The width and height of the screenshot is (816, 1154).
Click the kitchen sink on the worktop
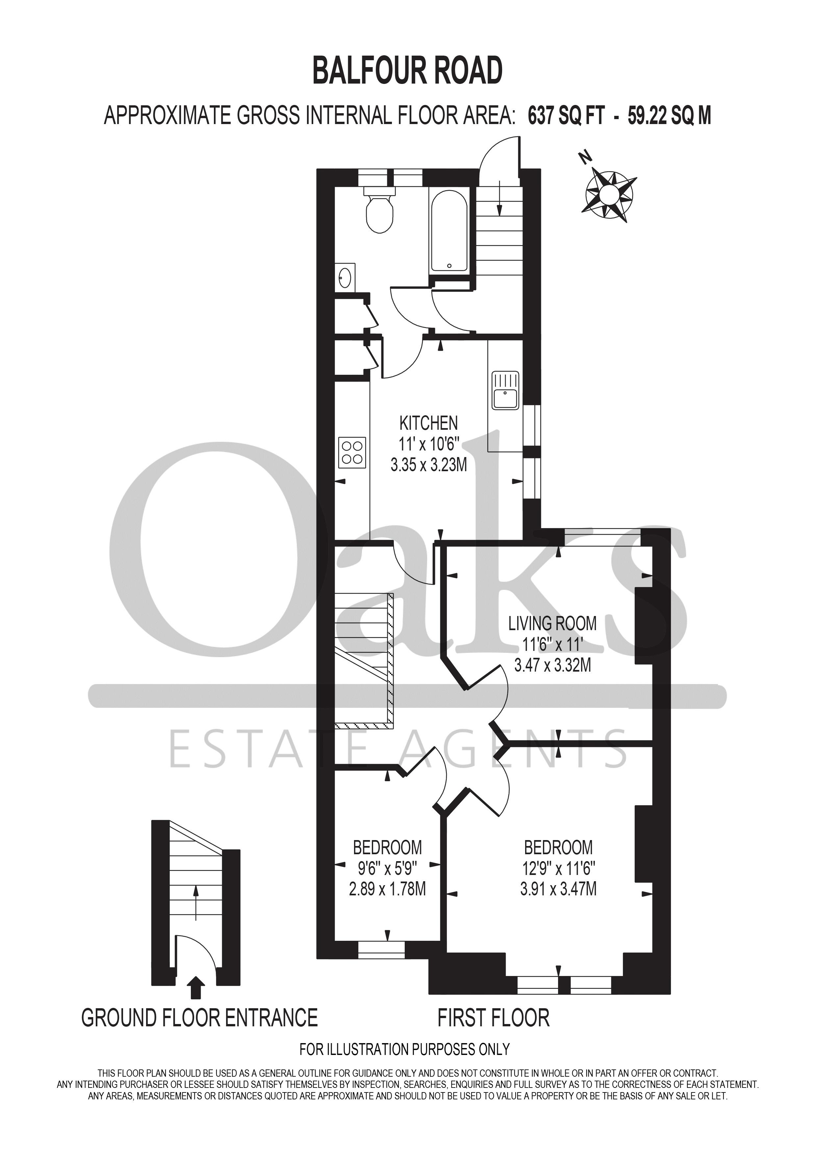pyautogui.click(x=505, y=391)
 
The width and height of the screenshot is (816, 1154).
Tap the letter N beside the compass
pyautogui.click(x=584, y=158)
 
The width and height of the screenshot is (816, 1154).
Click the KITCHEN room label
pyautogui.click(x=429, y=423)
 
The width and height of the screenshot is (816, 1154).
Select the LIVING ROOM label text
pyautogui.click(x=552, y=624)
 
